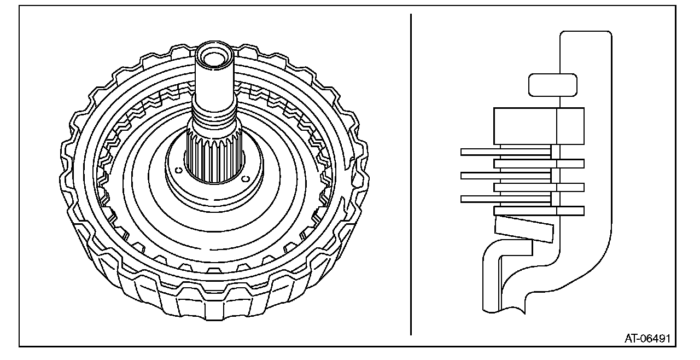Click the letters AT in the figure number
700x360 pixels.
(x=631, y=339)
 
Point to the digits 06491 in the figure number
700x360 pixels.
(x=655, y=339)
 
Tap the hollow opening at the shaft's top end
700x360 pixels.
(x=214, y=57)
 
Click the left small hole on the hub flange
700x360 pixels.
(x=179, y=170)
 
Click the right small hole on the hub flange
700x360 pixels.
(x=246, y=179)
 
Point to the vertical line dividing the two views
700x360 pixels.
(x=411, y=175)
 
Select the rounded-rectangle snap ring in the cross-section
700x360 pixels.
(x=553, y=85)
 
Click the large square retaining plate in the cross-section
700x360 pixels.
(x=539, y=126)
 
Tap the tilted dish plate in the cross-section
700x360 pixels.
(x=524, y=229)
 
